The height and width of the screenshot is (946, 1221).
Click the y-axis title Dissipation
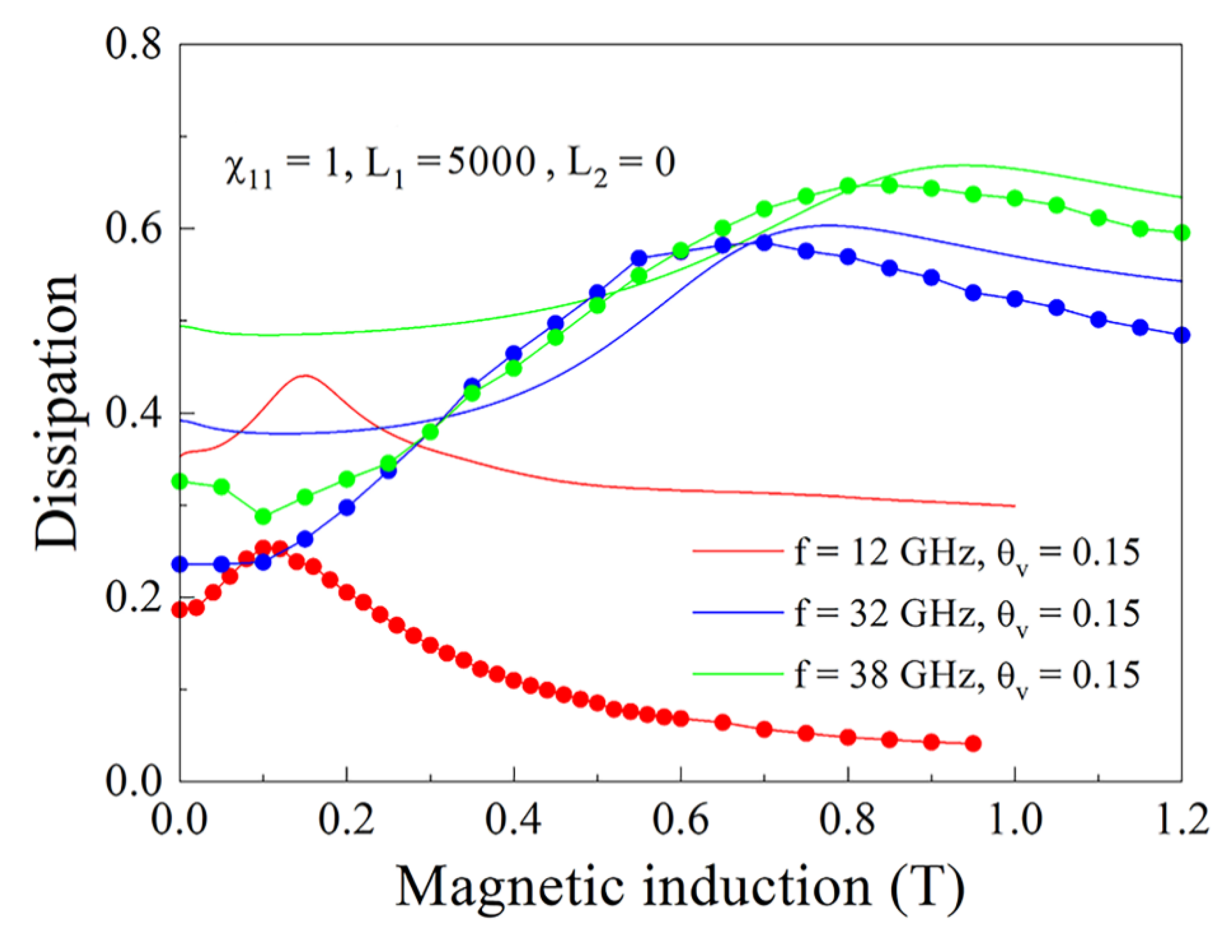56,412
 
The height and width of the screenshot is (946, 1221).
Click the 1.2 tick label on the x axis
1182,820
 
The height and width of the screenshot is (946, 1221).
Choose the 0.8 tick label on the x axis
848,820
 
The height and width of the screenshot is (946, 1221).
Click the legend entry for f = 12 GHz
917,552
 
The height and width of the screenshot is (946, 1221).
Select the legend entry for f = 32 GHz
917,613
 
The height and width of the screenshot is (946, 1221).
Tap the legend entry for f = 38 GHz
917,674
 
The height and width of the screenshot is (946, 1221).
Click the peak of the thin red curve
305,376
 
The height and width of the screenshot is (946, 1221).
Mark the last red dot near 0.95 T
973,744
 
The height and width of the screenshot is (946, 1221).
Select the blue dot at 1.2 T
1182,335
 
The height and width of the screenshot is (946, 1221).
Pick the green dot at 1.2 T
1182,233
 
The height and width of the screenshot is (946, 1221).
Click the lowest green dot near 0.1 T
263,517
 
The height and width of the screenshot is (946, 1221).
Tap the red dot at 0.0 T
179,610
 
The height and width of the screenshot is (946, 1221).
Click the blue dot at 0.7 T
764,242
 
